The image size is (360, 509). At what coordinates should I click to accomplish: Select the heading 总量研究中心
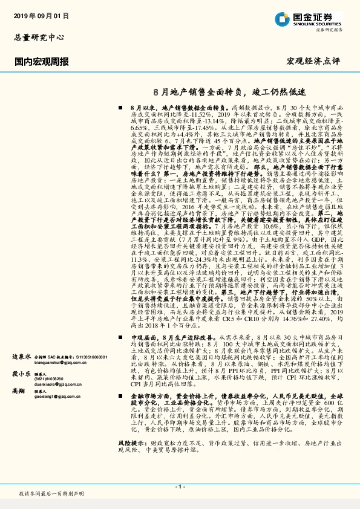tap(38, 37)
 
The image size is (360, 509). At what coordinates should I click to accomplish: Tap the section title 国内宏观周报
tap(41, 61)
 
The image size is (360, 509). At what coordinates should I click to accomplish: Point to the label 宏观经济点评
tap(314, 61)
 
